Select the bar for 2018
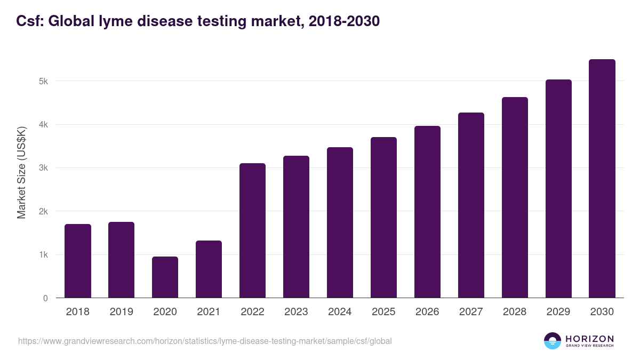click(x=78, y=261)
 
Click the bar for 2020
click(x=165, y=277)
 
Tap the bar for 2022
click(x=252, y=230)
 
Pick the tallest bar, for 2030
click(x=602, y=179)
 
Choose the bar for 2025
click(x=383, y=218)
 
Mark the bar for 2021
click(x=209, y=269)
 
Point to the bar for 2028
click(x=515, y=197)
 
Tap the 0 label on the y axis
click(x=45, y=298)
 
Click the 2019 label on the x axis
click(x=121, y=312)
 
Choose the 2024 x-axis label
click(x=340, y=312)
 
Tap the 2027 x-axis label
click(x=471, y=312)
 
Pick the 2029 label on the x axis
click(x=558, y=312)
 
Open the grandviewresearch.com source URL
click(x=205, y=341)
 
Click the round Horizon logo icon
click(x=553, y=341)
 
